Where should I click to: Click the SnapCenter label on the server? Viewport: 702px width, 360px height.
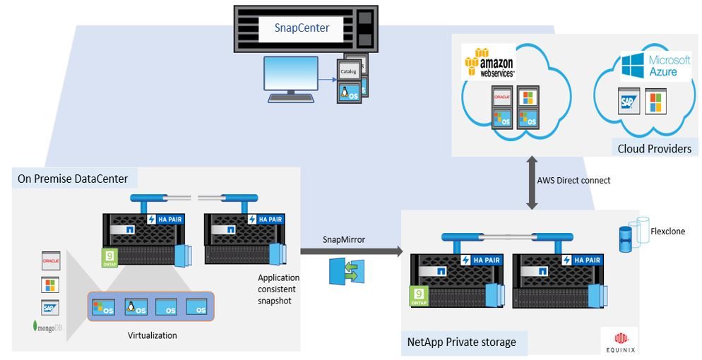[x=302, y=28]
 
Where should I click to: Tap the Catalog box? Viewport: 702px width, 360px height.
[x=348, y=72]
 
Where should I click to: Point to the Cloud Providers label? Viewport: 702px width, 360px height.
[x=654, y=148]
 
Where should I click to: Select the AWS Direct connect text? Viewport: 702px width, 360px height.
[x=573, y=181]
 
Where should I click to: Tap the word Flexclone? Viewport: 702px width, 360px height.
[x=667, y=231]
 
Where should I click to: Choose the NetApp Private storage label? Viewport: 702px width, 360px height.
[x=461, y=342]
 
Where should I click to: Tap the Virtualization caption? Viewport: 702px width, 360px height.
[x=152, y=336]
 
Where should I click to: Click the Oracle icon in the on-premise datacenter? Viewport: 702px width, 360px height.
[x=50, y=260]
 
